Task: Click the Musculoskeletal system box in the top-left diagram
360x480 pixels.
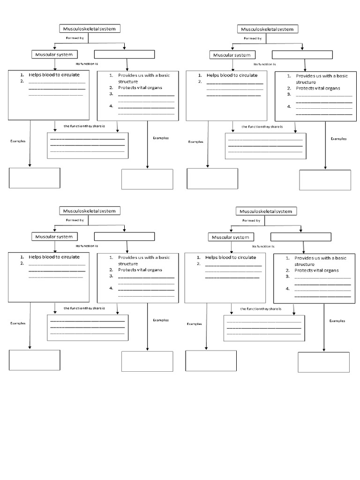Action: (89, 29)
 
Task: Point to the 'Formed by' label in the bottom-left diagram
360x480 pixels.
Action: (75, 220)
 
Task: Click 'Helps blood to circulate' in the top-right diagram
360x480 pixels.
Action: (232, 75)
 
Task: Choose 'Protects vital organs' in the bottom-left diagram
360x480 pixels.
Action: (140, 270)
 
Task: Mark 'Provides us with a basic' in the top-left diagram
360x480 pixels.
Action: (143, 75)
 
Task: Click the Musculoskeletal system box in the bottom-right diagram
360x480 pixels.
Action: (265, 211)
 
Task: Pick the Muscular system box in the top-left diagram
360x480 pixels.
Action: (54, 54)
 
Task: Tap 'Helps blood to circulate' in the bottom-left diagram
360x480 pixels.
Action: (54, 257)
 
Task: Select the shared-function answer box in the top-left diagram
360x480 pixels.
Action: (87, 145)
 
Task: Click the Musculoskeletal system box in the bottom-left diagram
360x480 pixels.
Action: (89, 211)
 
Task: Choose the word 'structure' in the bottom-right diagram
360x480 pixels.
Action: (305, 264)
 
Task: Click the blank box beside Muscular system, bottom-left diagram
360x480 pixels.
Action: (124, 236)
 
